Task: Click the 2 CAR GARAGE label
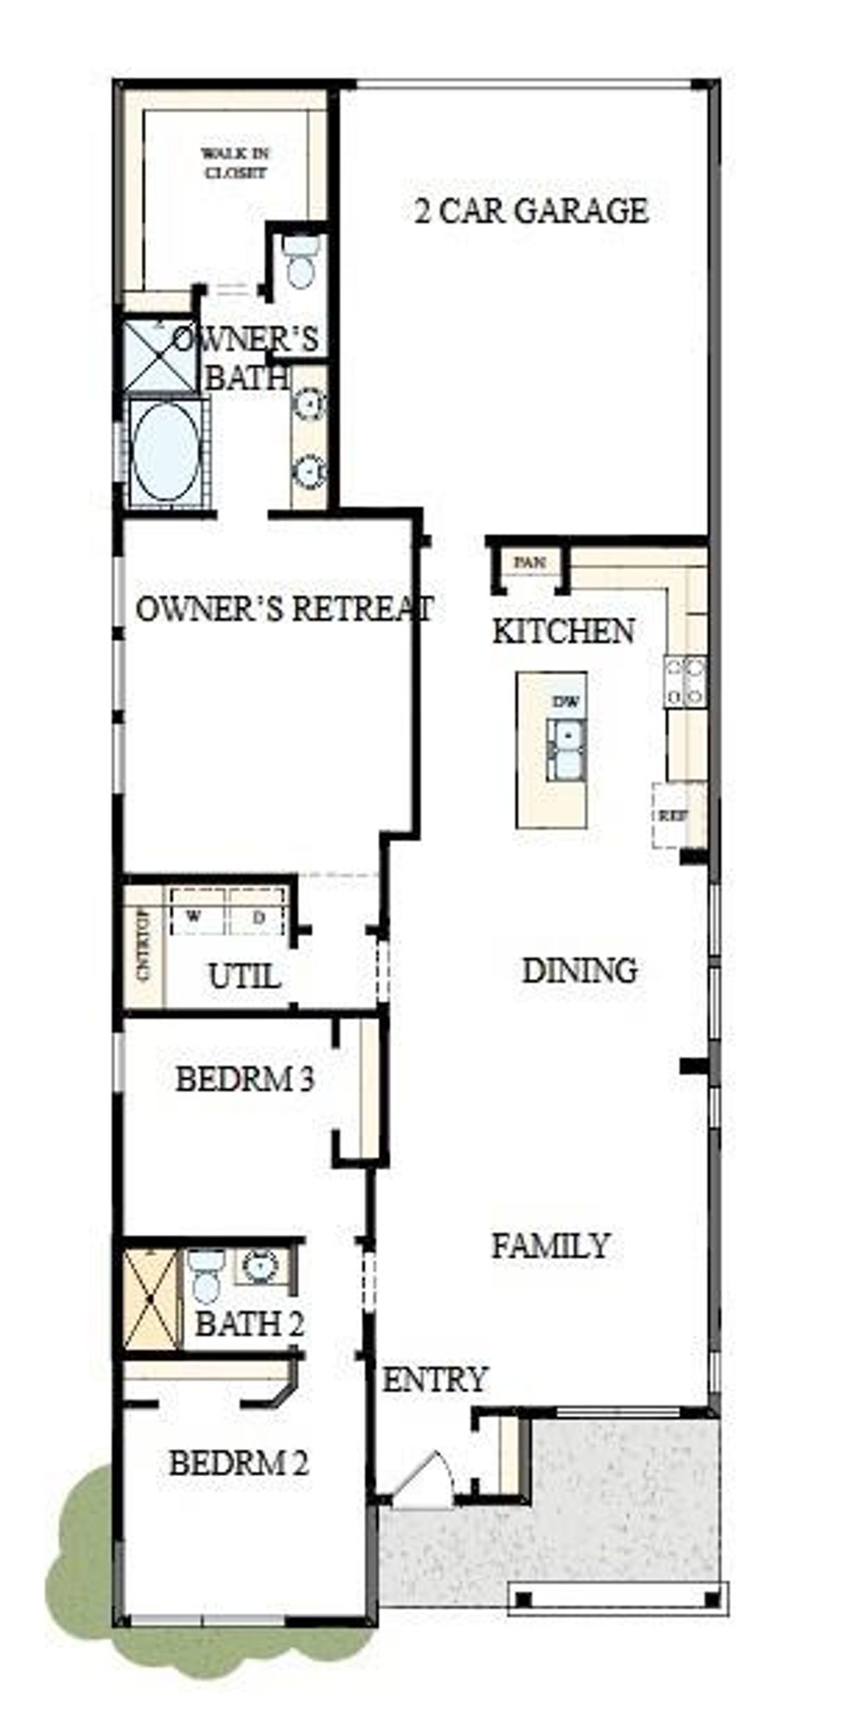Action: (531, 211)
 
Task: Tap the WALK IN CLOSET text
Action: (235, 163)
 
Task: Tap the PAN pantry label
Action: (530, 563)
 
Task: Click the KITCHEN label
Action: (564, 632)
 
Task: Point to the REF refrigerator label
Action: (672, 816)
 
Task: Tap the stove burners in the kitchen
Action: (686, 681)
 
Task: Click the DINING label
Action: (580, 970)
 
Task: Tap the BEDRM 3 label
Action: (245, 1080)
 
